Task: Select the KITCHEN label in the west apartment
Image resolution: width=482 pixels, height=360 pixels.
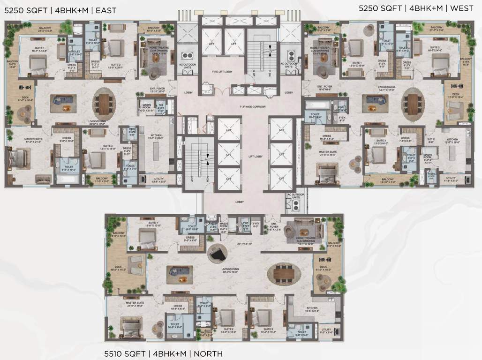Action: pos(452,139)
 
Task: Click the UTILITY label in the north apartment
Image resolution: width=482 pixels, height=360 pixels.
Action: pos(326,330)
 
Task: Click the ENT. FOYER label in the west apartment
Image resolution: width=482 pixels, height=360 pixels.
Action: pos(324,87)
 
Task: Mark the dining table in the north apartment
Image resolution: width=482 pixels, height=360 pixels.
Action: pos(284,271)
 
